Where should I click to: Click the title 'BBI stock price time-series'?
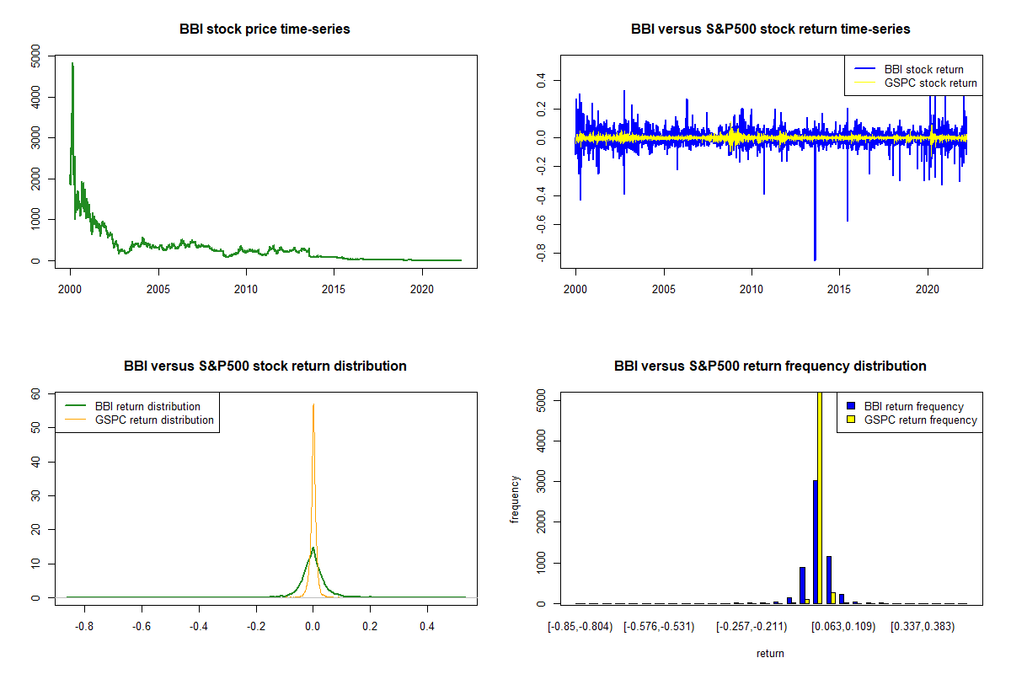[x=265, y=29]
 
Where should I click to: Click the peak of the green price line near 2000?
[x=72, y=63]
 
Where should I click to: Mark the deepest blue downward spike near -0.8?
[x=815, y=259]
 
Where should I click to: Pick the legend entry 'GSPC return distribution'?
[x=154, y=420]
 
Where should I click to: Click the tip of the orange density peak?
[x=313, y=404]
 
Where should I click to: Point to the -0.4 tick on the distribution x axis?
[x=199, y=627]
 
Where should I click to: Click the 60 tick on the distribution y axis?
[x=35, y=393]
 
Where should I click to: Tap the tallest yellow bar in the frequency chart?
[x=821, y=497]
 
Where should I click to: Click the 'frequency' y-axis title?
[x=516, y=499]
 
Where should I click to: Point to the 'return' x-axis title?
[x=770, y=654]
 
